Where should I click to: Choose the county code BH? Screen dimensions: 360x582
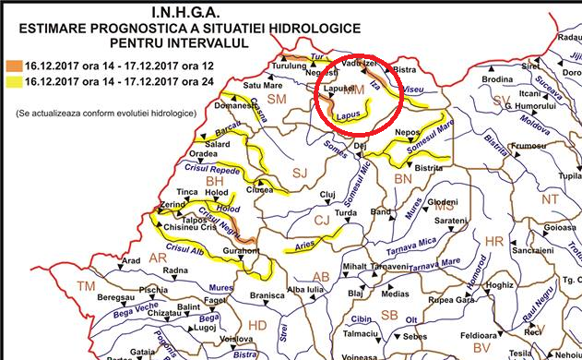pyautogui.click(x=214, y=182)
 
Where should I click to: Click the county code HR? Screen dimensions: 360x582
pyautogui.click(x=494, y=241)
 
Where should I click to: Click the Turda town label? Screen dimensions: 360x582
pyautogui.click(x=345, y=212)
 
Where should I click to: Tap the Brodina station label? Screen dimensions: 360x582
pyautogui.click(x=496, y=80)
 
